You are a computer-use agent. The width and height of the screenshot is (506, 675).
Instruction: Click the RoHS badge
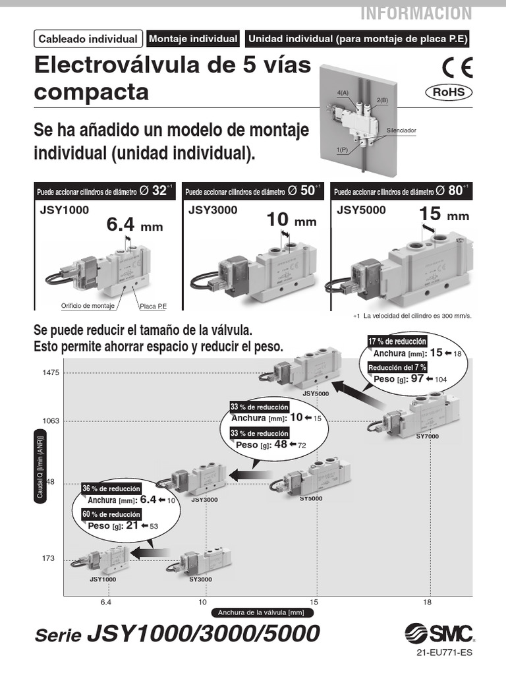[x=449, y=92]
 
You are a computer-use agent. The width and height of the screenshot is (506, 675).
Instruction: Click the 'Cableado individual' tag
[x=88, y=39]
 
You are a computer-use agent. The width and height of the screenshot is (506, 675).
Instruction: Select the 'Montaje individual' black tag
[x=193, y=39]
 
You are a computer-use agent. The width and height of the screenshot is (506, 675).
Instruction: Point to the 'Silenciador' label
[x=401, y=131]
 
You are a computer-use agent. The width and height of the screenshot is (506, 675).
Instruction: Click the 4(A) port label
[x=343, y=93]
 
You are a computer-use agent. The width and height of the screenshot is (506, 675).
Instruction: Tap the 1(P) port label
[x=341, y=150]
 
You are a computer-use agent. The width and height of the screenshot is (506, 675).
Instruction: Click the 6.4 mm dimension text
[x=134, y=225]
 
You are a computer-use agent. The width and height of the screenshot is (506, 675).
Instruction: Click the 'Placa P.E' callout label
[x=152, y=307]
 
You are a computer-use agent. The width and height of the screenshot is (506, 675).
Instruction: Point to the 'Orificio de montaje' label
[x=88, y=307]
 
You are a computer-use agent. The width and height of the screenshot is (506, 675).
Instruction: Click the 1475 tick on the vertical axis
[x=51, y=372]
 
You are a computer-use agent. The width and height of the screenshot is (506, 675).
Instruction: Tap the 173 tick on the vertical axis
[x=48, y=558]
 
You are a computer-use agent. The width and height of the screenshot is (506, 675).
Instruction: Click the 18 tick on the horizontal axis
[x=428, y=602]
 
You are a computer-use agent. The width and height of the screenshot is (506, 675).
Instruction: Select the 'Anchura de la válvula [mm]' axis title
[x=262, y=612]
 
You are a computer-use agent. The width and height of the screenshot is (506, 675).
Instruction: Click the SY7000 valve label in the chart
[x=427, y=436]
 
